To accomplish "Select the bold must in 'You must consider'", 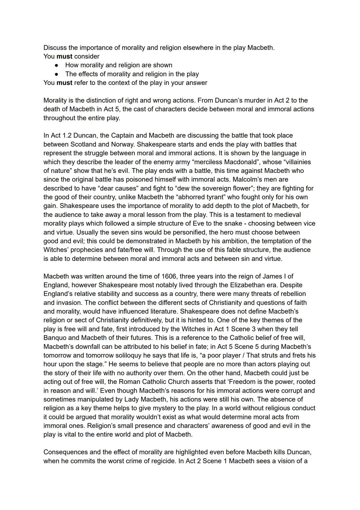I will [64, 56].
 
